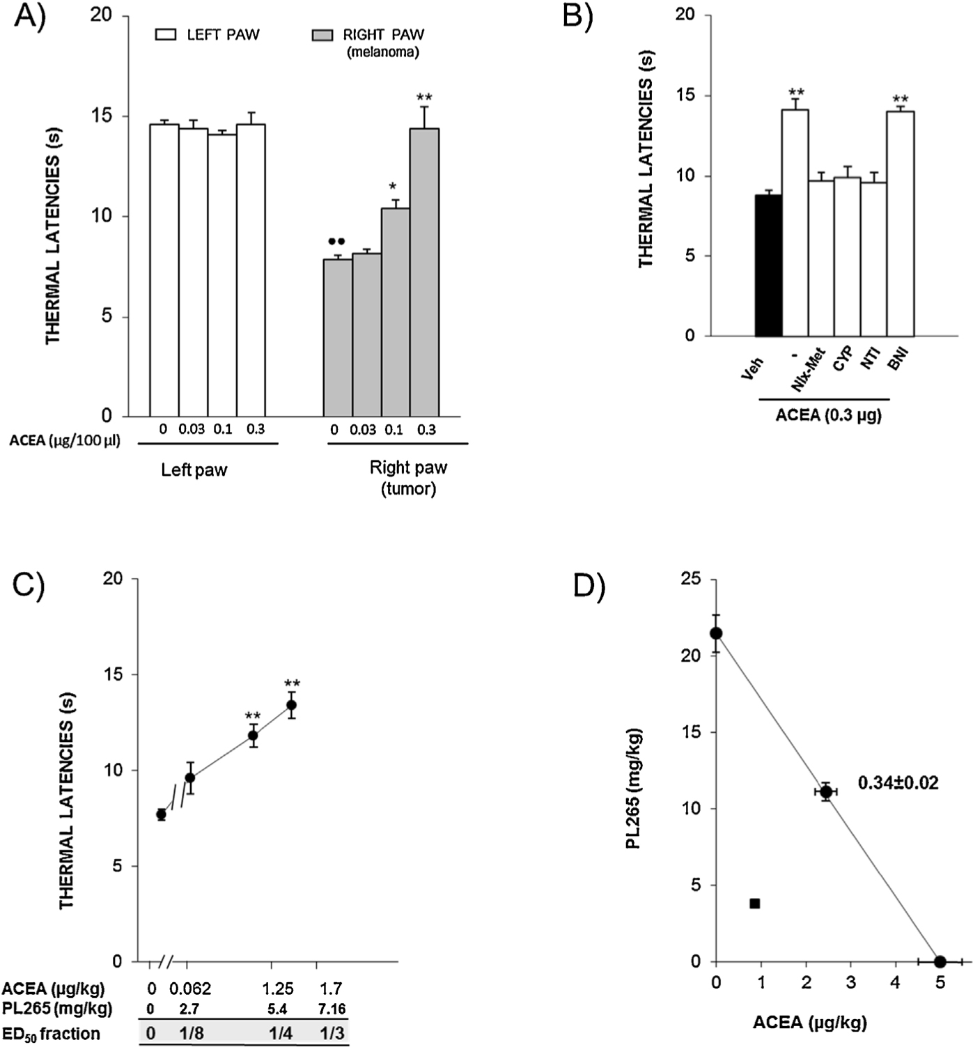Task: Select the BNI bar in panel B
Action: tap(900, 224)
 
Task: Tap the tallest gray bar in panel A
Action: tap(424, 272)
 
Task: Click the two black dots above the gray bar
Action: tap(336, 242)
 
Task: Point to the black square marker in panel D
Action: tap(754, 903)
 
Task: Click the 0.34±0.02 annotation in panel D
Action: tap(898, 783)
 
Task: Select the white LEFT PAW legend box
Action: tap(167, 34)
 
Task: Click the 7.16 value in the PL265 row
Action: tap(332, 1009)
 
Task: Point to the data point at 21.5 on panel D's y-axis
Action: tap(716, 633)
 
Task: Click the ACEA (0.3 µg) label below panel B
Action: tap(828, 416)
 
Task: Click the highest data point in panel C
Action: tap(291, 705)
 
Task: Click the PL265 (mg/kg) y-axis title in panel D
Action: tap(633, 789)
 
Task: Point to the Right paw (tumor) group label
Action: tap(408, 478)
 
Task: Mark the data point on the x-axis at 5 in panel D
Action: tap(940, 961)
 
